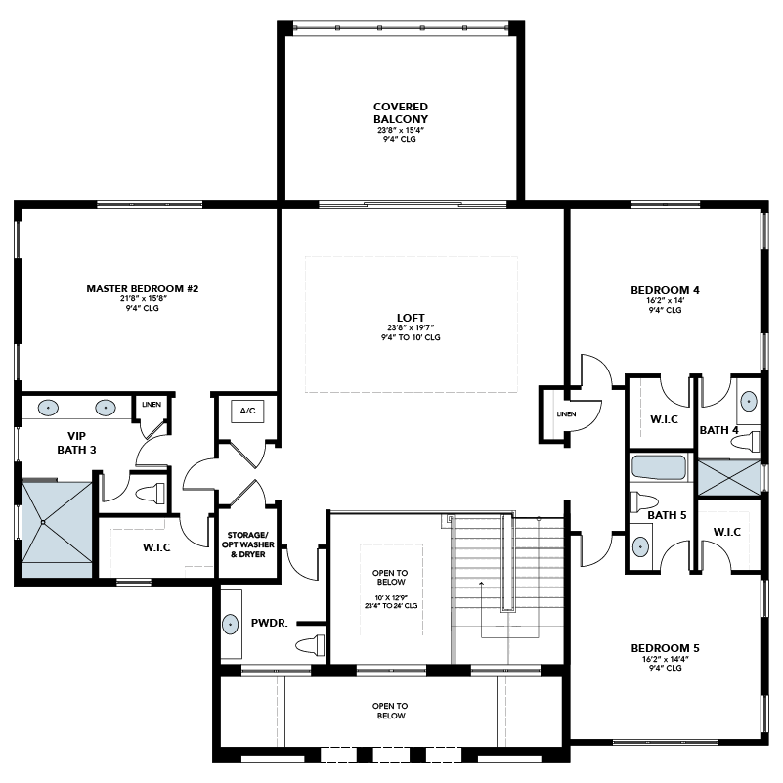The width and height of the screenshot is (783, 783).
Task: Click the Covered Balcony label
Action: click(x=401, y=112)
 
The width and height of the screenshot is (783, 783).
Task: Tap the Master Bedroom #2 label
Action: click(x=143, y=288)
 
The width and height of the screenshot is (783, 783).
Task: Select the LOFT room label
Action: click(x=411, y=318)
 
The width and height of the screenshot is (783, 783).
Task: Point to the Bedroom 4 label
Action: click(x=665, y=290)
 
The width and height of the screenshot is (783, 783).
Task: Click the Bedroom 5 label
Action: click(x=665, y=648)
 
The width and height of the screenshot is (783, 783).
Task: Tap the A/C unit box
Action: click(x=247, y=412)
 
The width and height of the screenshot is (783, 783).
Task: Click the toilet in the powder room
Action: click(x=310, y=645)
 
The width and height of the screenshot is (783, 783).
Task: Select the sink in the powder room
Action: click(x=230, y=625)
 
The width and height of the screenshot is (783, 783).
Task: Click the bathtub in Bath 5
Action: click(x=659, y=468)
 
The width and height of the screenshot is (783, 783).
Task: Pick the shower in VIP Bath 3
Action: click(x=58, y=528)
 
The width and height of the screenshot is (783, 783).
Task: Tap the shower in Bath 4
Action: click(x=728, y=478)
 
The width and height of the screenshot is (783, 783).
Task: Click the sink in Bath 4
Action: click(x=748, y=401)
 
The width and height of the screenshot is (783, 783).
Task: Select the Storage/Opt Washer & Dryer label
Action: click(x=247, y=544)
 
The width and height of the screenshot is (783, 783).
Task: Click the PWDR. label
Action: click(x=269, y=624)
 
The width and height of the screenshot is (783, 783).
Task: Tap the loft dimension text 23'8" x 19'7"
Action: click(x=411, y=328)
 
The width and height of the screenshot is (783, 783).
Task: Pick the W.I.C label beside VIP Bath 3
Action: click(x=156, y=547)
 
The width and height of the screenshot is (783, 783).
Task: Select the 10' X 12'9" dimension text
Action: click(x=391, y=597)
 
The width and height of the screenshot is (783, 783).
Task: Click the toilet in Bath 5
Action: click(x=643, y=501)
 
